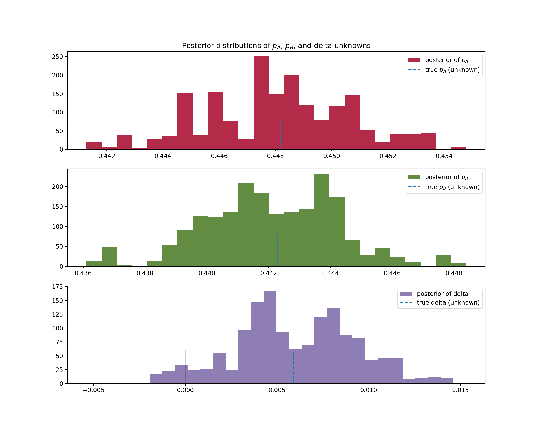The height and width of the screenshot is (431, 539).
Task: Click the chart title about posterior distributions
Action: [x=276, y=46]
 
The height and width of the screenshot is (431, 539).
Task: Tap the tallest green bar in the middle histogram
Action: [x=322, y=220]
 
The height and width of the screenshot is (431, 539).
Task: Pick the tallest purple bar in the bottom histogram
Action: [x=270, y=337]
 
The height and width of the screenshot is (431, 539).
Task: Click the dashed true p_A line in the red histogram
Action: [x=281, y=135]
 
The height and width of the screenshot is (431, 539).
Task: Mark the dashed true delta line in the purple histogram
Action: [x=294, y=367]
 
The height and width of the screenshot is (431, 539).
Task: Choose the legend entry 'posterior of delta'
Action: [x=442, y=294]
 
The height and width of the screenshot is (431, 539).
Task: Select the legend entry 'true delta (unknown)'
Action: [x=448, y=303]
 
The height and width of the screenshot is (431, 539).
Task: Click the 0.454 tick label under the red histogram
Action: [x=444, y=156]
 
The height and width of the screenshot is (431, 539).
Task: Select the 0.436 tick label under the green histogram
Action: [x=83, y=273]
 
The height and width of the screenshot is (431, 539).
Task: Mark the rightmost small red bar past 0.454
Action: [x=458, y=148]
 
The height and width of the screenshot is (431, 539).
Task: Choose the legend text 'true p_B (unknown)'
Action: [x=452, y=187]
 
